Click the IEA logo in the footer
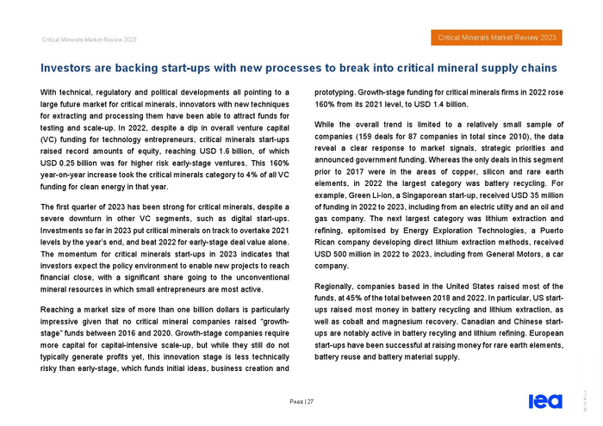pos(542,401)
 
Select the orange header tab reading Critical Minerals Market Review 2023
pos(494,37)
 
